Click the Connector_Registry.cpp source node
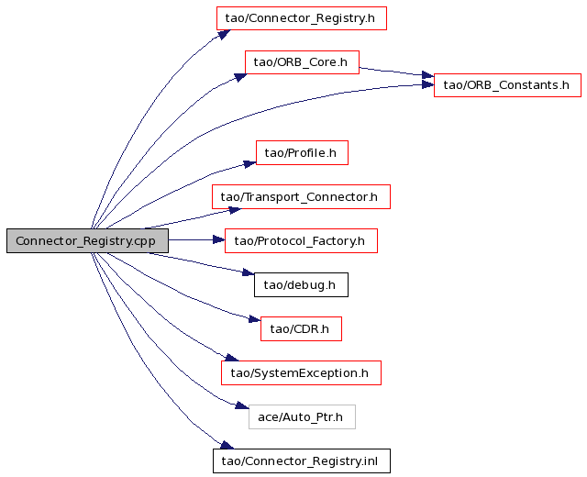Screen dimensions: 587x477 pos(87,240)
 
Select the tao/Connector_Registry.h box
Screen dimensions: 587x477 pos(302,18)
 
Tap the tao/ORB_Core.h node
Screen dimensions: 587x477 pos(302,62)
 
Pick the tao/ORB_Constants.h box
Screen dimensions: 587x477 pos(507,85)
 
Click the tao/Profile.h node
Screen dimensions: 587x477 pos(302,152)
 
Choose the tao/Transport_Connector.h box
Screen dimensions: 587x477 pos(301,196)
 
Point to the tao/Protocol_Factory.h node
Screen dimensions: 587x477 pos(301,240)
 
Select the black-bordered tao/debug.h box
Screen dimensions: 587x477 pos(301,285)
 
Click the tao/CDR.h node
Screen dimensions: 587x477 pos(301,328)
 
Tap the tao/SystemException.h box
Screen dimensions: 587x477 pos(301,373)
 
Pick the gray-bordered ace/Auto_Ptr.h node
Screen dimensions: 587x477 pos(302,416)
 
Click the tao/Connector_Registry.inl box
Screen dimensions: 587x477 pos(302,460)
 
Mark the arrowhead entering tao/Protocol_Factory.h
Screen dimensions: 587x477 pos(218,239)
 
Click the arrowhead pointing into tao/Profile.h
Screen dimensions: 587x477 pos(249,163)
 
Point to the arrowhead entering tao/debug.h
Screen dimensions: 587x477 pos(249,272)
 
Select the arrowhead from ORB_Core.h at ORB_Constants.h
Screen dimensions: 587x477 pos(428,75)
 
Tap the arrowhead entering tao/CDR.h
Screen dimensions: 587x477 pos(255,319)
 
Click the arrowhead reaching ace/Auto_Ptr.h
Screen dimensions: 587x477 pos(242,405)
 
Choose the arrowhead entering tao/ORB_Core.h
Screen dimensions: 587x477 pos(240,77)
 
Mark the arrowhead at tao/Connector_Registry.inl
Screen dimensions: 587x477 pos(227,445)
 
